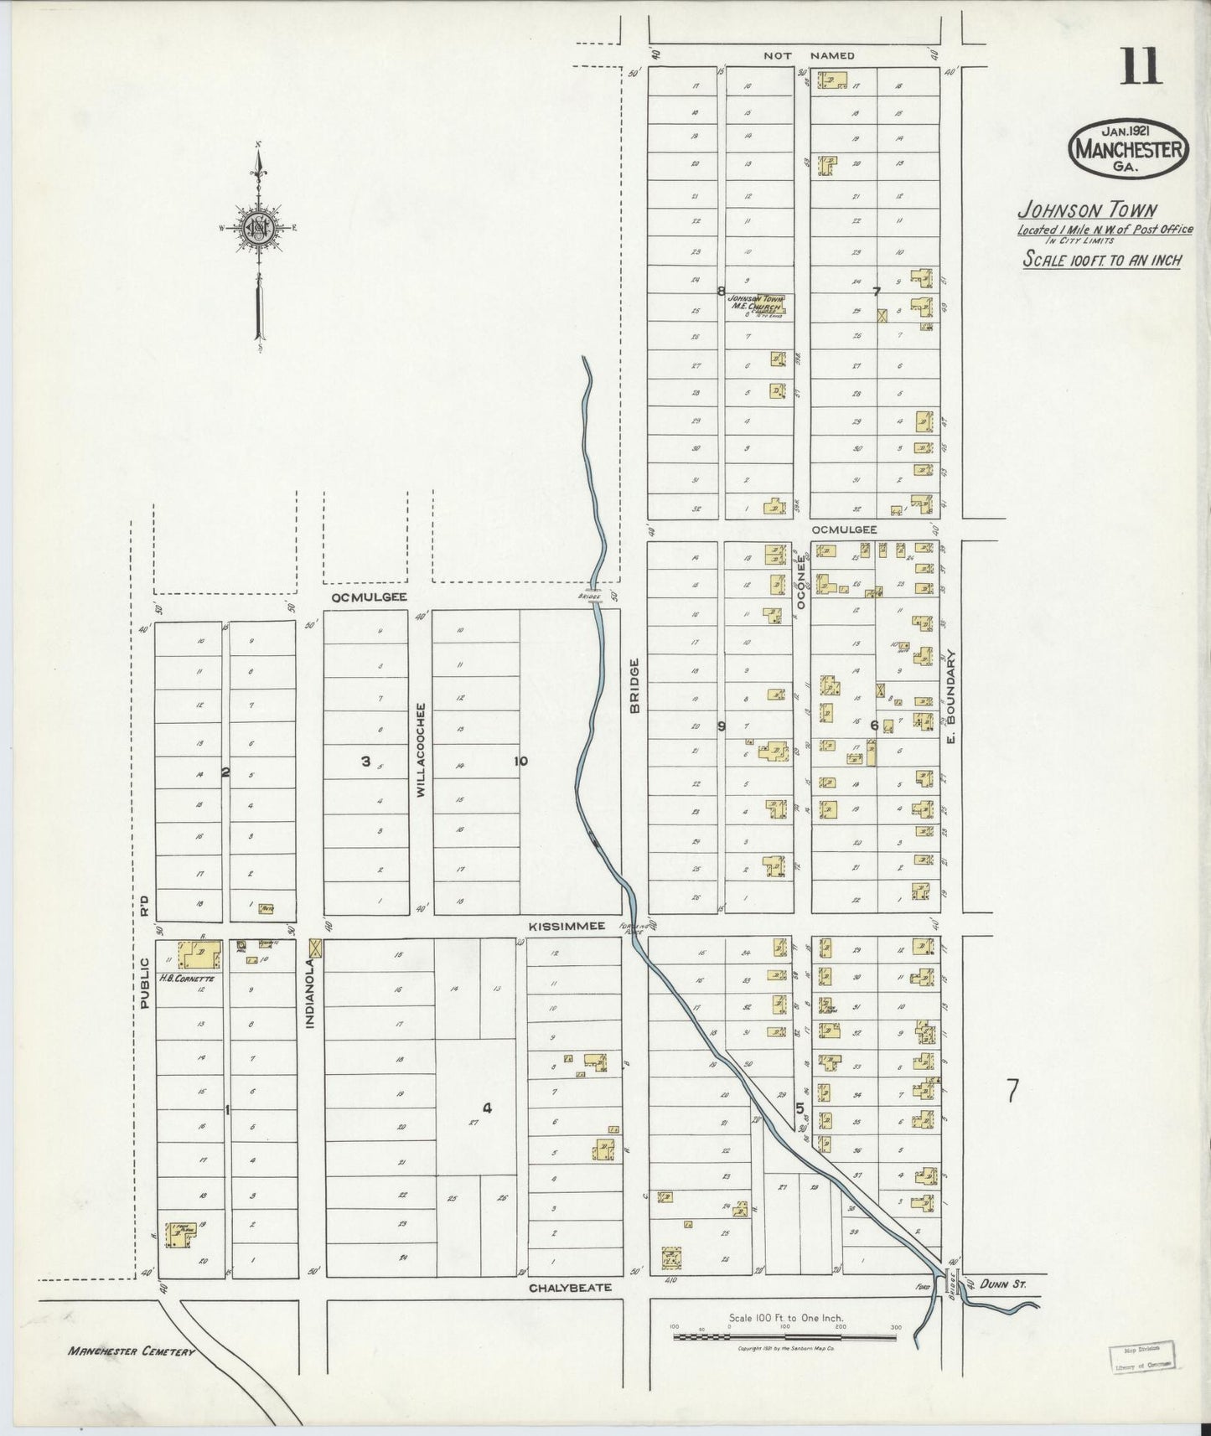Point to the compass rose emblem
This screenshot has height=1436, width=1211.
pos(258,227)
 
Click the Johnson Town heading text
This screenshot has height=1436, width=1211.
pos(1086,209)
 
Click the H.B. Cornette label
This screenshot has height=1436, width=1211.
pos(187,978)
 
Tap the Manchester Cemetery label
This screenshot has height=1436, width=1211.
pos(132,1351)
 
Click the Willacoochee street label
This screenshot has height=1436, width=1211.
pos(421,750)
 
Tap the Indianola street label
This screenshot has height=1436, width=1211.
pos(309,999)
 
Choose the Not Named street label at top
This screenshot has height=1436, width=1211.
pos(809,55)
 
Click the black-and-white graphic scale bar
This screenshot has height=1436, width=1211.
pos(786,1337)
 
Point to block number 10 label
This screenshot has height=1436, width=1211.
pos(520,761)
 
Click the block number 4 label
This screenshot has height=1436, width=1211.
pos(487,1108)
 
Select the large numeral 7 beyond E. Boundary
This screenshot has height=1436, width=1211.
pos(1012,1092)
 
